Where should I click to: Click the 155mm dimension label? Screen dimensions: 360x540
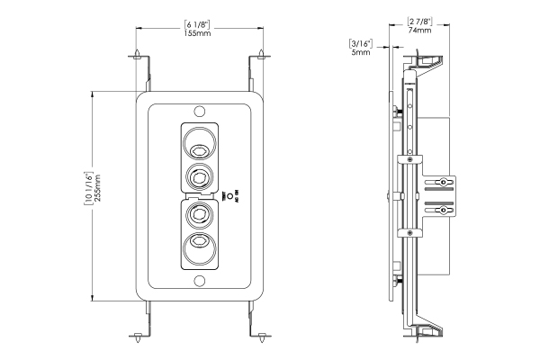click(x=198, y=33)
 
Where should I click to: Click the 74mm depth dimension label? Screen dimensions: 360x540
click(x=419, y=30)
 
